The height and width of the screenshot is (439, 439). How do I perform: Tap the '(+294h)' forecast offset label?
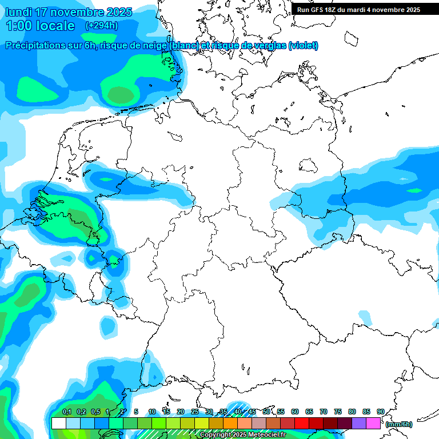102,26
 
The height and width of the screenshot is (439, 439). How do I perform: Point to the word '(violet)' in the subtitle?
304,46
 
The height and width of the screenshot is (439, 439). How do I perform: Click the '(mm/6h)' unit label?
399,424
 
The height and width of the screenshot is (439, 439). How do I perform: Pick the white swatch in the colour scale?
58,424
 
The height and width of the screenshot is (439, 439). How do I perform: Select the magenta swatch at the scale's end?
373,424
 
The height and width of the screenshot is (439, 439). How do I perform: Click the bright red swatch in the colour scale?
302,424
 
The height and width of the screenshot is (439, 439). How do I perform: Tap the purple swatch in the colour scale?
359,424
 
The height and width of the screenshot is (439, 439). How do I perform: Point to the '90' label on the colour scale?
380,412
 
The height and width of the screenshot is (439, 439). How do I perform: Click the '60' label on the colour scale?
295,412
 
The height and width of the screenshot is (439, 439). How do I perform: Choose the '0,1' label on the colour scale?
66,412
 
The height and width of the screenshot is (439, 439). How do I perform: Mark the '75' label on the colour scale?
338,412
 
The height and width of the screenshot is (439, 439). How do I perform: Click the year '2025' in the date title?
118,12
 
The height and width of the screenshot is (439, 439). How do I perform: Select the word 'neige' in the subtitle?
154,46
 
